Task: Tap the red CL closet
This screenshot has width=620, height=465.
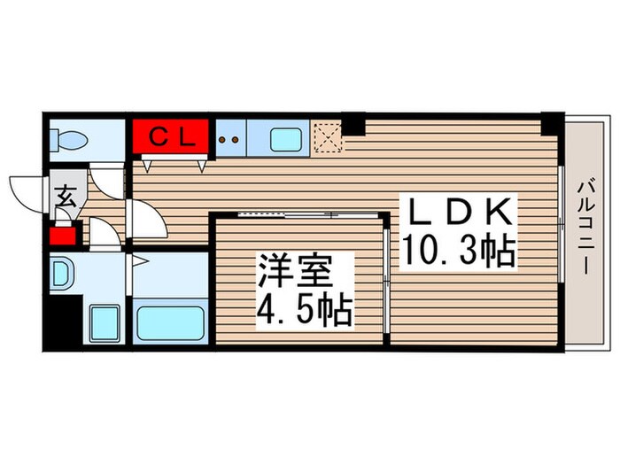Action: click(x=171, y=138)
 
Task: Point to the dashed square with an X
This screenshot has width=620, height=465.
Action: click(x=329, y=137)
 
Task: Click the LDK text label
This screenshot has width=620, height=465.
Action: click(x=458, y=213)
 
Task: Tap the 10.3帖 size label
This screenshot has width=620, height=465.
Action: click(x=460, y=252)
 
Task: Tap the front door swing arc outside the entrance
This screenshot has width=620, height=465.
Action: click(x=27, y=189)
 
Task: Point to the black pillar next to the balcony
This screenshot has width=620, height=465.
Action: click(x=553, y=122)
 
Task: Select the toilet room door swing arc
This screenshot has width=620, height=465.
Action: click(x=109, y=182)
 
